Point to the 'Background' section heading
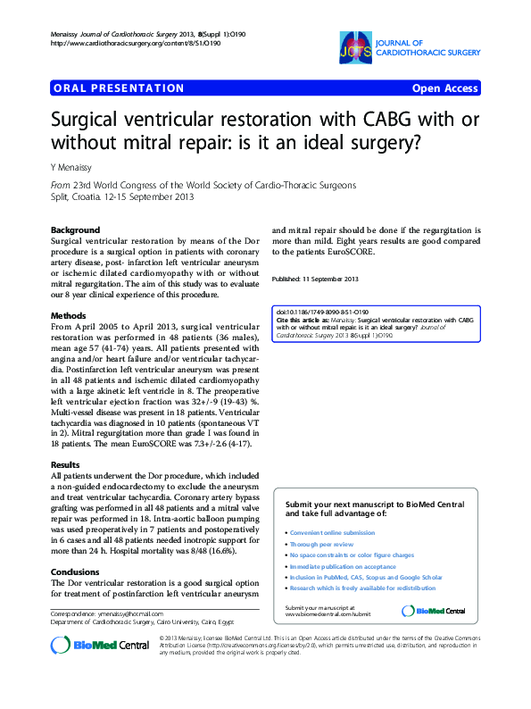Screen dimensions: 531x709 click(75, 229)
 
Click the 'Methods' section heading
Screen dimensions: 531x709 click(69, 315)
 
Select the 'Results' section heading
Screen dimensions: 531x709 click(66, 465)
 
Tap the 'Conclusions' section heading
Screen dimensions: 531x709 click(75, 572)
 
